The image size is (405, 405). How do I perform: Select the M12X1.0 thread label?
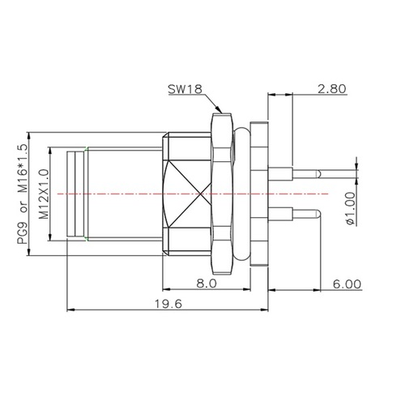point(45,194)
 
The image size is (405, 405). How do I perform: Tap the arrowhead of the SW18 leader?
point(220,110)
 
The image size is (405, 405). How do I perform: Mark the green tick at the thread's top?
point(87,149)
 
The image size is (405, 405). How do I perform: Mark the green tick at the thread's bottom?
point(87,240)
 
